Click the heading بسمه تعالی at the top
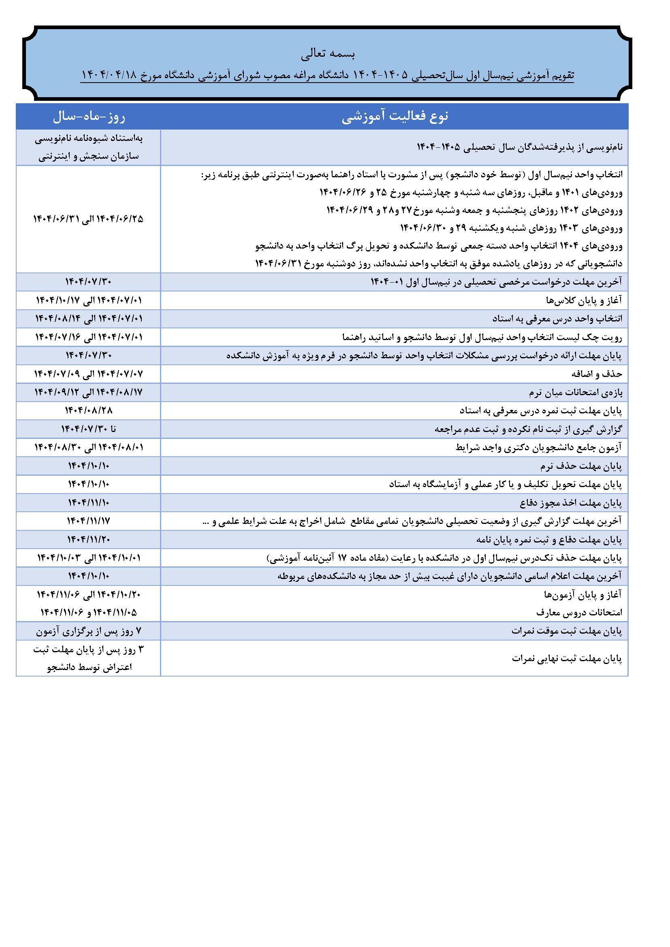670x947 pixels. (328, 54)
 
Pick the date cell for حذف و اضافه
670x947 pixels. (89, 374)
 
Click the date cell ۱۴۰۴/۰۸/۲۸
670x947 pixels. (89, 411)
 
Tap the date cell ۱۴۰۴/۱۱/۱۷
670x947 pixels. (89, 521)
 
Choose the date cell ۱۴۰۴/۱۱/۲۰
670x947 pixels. (89, 539)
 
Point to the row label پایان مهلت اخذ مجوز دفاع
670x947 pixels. (571, 503)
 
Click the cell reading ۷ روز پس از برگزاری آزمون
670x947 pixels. (89, 631)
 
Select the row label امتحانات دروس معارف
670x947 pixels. (579, 613)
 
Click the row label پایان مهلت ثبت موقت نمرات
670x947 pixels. (566, 631)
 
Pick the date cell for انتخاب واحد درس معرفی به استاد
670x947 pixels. (89, 319)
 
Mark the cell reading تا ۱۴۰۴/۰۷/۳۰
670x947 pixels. (89, 429)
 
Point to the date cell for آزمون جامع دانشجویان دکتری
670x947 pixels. (89, 447)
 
